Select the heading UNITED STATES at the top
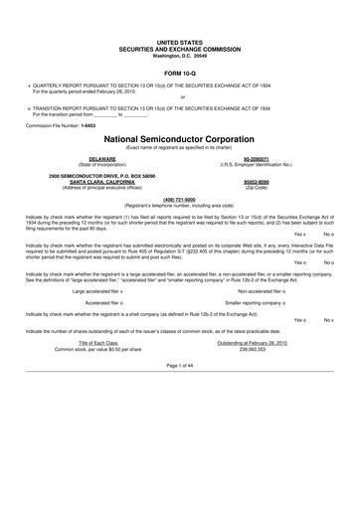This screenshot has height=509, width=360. (180, 35)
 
